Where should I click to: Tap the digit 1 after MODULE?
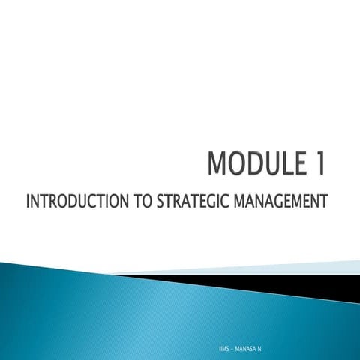coord(319,165)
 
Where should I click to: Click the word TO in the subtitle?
coord(142,202)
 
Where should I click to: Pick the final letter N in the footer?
coord(259,350)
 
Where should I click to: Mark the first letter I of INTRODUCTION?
coord(28,202)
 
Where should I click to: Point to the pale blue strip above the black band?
coord(300,266)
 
